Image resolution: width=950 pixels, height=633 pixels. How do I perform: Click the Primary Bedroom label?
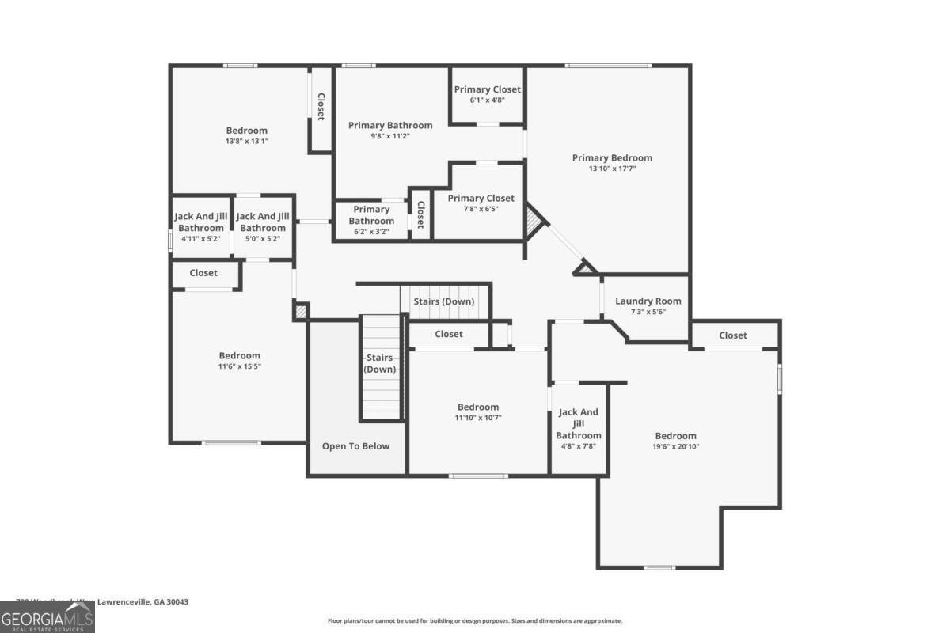pos(612,158)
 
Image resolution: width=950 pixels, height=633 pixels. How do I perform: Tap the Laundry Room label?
pos(648,301)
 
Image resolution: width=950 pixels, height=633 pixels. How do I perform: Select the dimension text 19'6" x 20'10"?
pos(675,446)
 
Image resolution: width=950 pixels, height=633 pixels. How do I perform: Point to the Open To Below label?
pos(355,446)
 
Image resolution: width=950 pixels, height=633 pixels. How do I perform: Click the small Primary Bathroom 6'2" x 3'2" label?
pos(371,220)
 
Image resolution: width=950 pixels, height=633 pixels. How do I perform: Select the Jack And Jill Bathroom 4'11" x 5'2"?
pos(200,226)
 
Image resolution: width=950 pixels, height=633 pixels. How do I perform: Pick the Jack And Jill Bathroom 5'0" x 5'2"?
pos(263,226)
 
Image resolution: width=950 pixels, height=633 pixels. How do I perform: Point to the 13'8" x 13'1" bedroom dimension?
pos(246,141)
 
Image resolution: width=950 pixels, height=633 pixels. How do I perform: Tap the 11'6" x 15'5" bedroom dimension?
pos(239,366)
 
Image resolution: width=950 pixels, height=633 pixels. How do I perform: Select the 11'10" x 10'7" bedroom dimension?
pos(477,418)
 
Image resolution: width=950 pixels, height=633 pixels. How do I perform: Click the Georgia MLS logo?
pos(47,617)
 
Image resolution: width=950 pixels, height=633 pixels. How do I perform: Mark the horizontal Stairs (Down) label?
pos(443,301)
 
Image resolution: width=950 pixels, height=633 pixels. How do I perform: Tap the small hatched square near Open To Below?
pos(300,311)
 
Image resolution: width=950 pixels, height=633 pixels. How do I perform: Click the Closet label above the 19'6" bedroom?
pos(732,335)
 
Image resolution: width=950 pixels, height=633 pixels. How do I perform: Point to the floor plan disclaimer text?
pos(474,621)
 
